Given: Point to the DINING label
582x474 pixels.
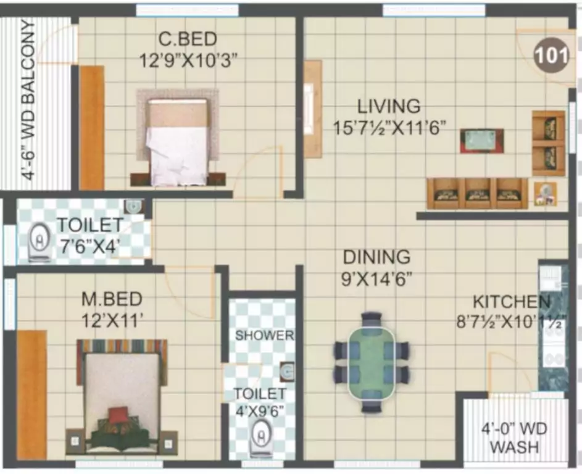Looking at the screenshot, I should point(376,256).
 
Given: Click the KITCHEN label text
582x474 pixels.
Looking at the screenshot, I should point(511,302).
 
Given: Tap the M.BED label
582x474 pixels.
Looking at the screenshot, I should point(112,299).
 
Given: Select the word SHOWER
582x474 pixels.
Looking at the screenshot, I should point(264,336).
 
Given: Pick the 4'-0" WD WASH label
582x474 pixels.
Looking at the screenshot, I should point(514,437).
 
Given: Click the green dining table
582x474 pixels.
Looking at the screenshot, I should point(371,363).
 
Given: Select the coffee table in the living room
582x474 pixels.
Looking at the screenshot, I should point(481,141).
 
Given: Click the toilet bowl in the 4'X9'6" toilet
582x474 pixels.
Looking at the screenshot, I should point(262,439).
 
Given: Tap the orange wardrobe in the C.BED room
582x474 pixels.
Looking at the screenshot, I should point(92,128).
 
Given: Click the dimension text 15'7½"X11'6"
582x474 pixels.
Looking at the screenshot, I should point(390,128).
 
